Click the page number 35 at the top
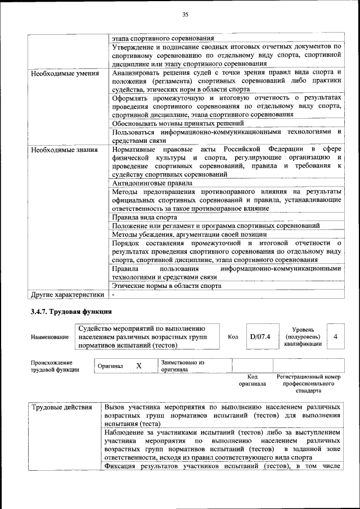pos(185,15)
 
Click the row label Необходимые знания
pos(64,150)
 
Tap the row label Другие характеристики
pos(67,294)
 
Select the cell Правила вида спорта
pos(145,217)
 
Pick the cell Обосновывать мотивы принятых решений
pos(178,123)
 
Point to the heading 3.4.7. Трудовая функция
pos(71,312)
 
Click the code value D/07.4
pos(260,336)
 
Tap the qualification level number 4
pos(336,336)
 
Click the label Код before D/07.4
pos(233,337)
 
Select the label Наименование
pos(50,337)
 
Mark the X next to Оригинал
pos(139,366)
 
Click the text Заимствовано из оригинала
pos(182,367)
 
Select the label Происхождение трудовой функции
pos(55,366)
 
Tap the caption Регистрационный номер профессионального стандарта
pos(309,383)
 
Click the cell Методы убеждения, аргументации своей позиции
pos(189,234)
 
